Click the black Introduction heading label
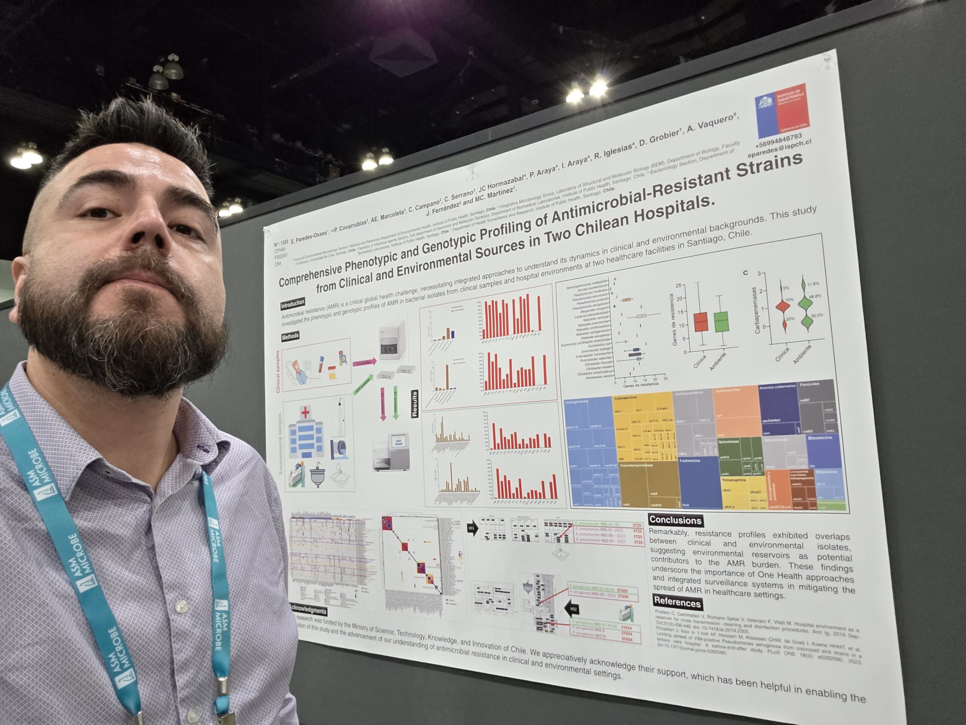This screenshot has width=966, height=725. [292, 303]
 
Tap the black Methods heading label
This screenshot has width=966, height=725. [291, 336]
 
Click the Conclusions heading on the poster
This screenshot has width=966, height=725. [675, 520]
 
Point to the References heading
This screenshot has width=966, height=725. [677, 602]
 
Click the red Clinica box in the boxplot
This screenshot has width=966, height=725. [701, 322]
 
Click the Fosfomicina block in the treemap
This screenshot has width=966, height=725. [699, 481]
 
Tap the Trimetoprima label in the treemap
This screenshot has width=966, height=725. [734, 480]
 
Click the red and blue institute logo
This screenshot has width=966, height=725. [782, 110]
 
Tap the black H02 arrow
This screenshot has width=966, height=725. [572, 608]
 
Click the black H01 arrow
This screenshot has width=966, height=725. [472, 528]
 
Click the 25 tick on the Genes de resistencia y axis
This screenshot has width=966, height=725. [678, 286]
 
